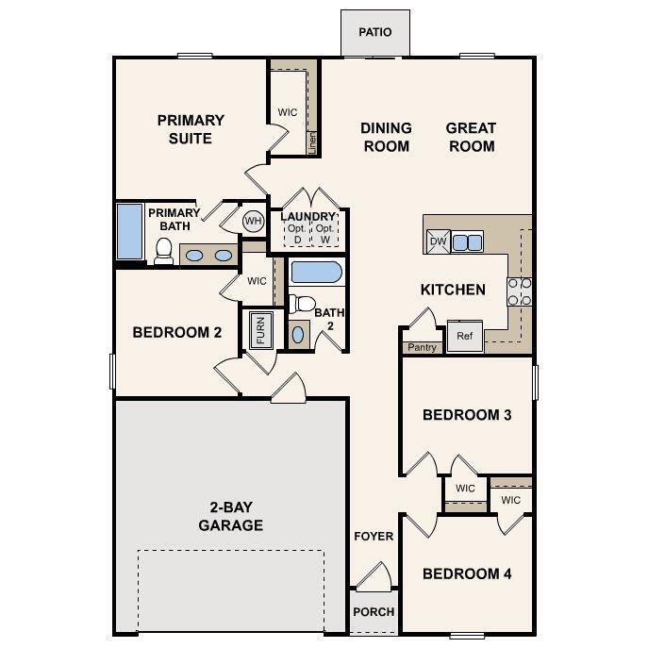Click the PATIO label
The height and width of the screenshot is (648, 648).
click(x=374, y=33)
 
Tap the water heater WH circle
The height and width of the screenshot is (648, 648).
click(x=253, y=221)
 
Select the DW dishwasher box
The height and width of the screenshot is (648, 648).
click(x=438, y=241)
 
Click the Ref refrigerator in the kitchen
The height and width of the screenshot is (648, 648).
click(x=464, y=336)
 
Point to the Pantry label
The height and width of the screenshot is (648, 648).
click(x=422, y=347)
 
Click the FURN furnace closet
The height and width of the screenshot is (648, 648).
click(x=260, y=330)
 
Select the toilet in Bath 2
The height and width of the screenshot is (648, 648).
click(x=300, y=304)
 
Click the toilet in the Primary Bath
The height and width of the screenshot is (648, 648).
click(x=163, y=250)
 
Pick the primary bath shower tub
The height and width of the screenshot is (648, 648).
click(x=128, y=232)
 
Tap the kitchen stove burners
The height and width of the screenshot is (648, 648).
click(x=520, y=291)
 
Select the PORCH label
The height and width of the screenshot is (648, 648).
click(x=374, y=611)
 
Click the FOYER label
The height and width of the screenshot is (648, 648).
click(x=374, y=536)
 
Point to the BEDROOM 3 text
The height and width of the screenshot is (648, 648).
click(x=466, y=415)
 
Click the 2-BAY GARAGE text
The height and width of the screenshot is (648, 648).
click(x=230, y=516)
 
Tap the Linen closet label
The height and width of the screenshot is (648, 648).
click(x=312, y=141)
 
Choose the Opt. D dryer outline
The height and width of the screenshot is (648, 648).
click(x=295, y=234)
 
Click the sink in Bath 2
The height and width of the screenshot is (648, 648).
click(x=299, y=334)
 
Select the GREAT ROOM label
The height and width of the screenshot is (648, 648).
click(x=471, y=137)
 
